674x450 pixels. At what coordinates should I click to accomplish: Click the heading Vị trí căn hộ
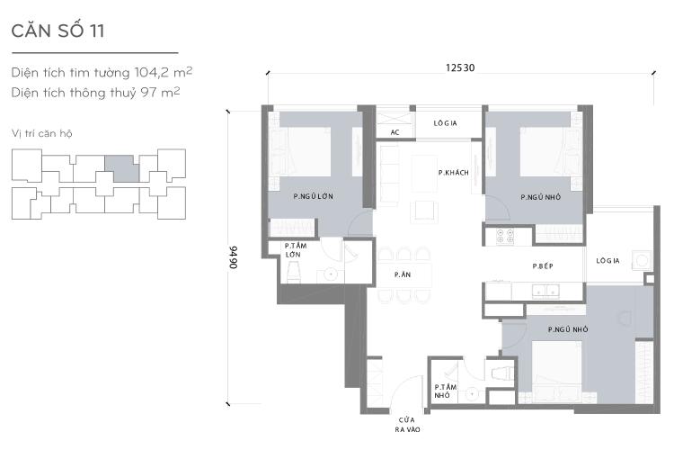click(x=42, y=133)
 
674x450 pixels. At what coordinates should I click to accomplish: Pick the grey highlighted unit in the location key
click(x=122, y=167)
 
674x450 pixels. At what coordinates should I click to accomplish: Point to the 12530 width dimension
click(x=459, y=66)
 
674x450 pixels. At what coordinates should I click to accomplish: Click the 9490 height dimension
click(x=232, y=257)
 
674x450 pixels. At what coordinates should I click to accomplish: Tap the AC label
click(x=395, y=132)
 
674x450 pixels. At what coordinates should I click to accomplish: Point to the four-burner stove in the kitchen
click(x=500, y=237)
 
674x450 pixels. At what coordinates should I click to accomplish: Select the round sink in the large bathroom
click(x=332, y=273)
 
